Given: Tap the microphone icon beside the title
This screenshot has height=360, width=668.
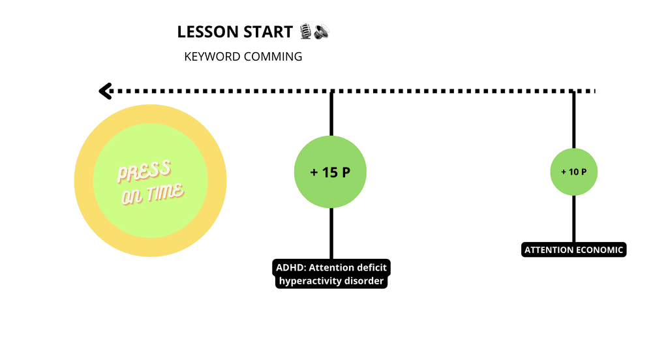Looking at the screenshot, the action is click(305, 31).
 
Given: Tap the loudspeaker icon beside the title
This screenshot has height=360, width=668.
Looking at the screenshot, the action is click(320, 31).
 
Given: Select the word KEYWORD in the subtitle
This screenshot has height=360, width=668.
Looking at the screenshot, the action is click(212, 57).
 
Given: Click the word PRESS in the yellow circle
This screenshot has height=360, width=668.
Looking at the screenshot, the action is click(144, 172).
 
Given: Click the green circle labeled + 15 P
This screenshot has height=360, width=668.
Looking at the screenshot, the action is click(331, 172).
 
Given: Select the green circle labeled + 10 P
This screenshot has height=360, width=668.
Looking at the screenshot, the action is click(574, 172).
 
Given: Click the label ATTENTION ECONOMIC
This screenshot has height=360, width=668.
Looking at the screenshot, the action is click(575, 250).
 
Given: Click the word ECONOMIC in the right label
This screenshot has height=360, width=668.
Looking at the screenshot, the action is click(599, 250).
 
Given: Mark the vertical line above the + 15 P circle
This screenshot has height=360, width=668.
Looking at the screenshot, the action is click(331, 114).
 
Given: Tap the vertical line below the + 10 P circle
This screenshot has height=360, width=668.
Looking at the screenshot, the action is click(574, 218).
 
